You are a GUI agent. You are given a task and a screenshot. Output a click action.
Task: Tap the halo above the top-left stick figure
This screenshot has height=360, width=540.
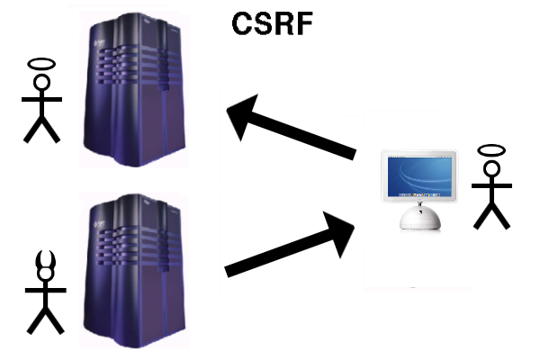(x=41, y=65)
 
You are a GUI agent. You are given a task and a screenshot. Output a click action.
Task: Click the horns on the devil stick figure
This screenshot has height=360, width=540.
(x=44, y=264)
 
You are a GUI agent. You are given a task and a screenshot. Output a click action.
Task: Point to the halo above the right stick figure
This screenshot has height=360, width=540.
(x=490, y=148)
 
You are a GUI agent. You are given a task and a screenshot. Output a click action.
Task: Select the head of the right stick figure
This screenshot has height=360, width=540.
(x=491, y=169)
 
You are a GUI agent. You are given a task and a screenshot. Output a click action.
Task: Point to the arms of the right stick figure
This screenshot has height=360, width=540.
(x=491, y=185)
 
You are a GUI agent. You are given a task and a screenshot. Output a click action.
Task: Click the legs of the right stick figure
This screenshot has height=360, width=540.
(x=491, y=214)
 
